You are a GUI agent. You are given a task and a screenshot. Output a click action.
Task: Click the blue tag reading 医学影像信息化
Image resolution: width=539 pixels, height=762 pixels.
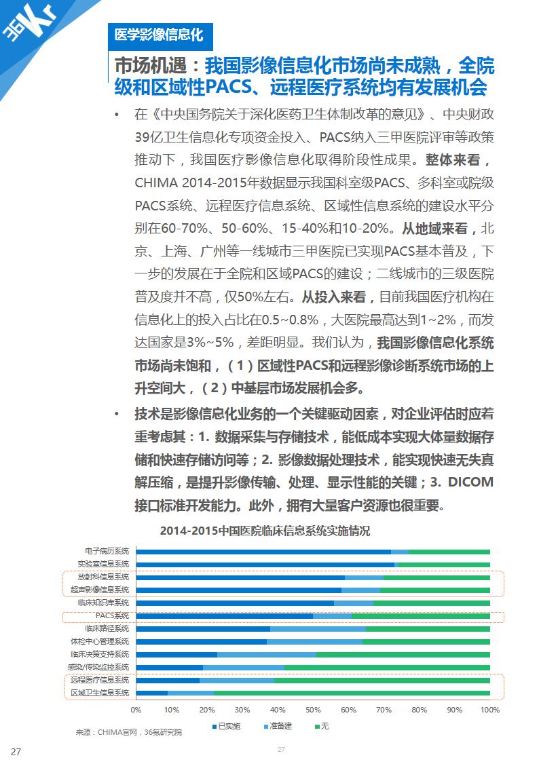(x=160, y=33)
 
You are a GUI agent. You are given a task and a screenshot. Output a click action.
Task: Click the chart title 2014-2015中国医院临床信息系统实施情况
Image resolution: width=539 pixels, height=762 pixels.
(x=265, y=531)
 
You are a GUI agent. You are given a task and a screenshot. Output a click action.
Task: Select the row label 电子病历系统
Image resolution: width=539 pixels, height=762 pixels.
(x=107, y=551)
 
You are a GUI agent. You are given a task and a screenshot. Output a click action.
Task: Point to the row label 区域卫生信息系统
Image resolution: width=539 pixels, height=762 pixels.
(x=100, y=693)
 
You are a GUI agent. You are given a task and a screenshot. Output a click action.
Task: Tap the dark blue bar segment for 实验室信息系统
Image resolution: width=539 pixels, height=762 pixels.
(x=265, y=564)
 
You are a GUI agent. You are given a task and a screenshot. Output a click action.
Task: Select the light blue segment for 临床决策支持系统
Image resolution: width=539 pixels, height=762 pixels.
(x=267, y=654)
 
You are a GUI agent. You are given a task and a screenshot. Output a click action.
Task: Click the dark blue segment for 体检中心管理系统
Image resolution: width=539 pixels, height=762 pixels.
(x=201, y=641)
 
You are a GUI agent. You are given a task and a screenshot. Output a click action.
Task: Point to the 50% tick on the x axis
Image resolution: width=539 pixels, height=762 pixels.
(x=313, y=710)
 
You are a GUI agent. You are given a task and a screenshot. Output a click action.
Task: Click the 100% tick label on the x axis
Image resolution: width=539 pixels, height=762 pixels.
(x=489, y=710)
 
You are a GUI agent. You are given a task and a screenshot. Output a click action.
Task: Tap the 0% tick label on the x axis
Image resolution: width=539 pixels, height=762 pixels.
(x=136, y=710)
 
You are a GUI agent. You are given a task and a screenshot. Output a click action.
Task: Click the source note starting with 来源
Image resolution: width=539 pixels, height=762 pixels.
(x=129, y=733)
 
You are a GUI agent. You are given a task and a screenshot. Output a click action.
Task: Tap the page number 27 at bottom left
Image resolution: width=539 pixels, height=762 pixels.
(x=16, y=751)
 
